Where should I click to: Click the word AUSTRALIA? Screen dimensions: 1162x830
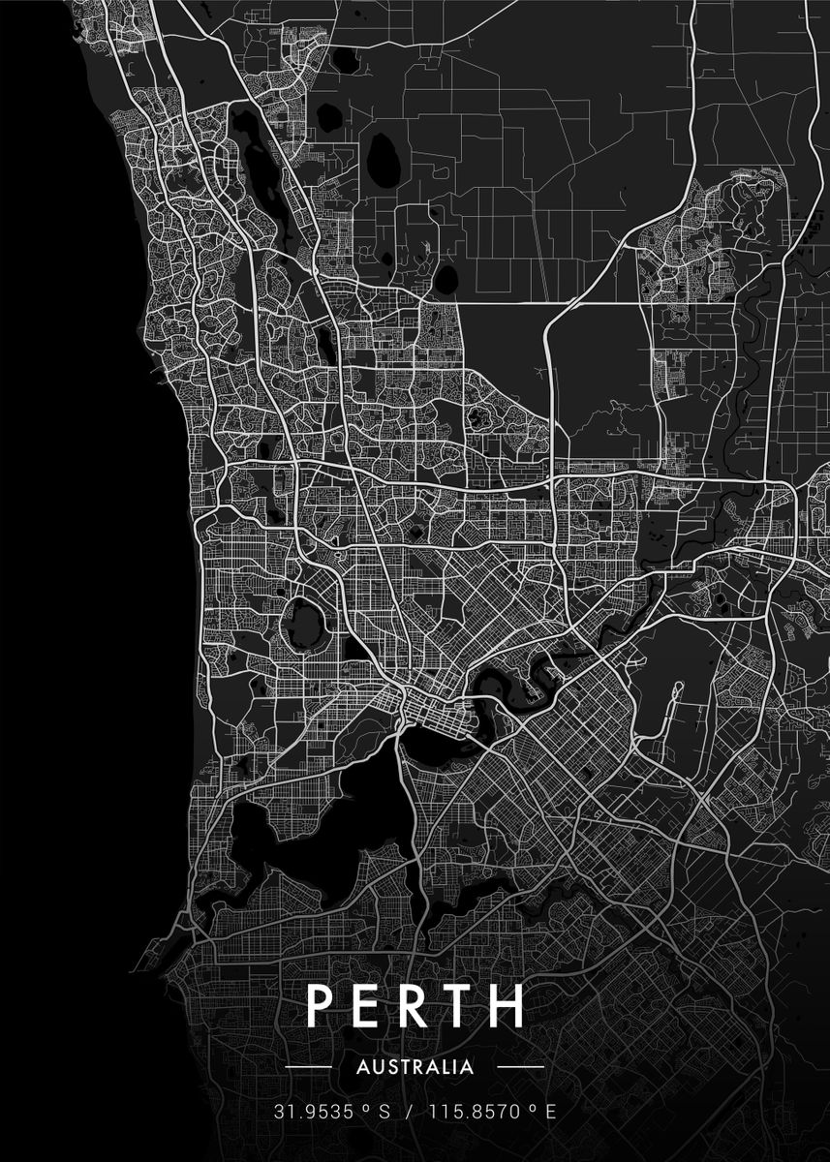tap(415, 1067)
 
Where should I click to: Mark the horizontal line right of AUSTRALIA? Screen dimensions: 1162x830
tap(520, 1067)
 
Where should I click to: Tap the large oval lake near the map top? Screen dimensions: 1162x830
tap(384, 154)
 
